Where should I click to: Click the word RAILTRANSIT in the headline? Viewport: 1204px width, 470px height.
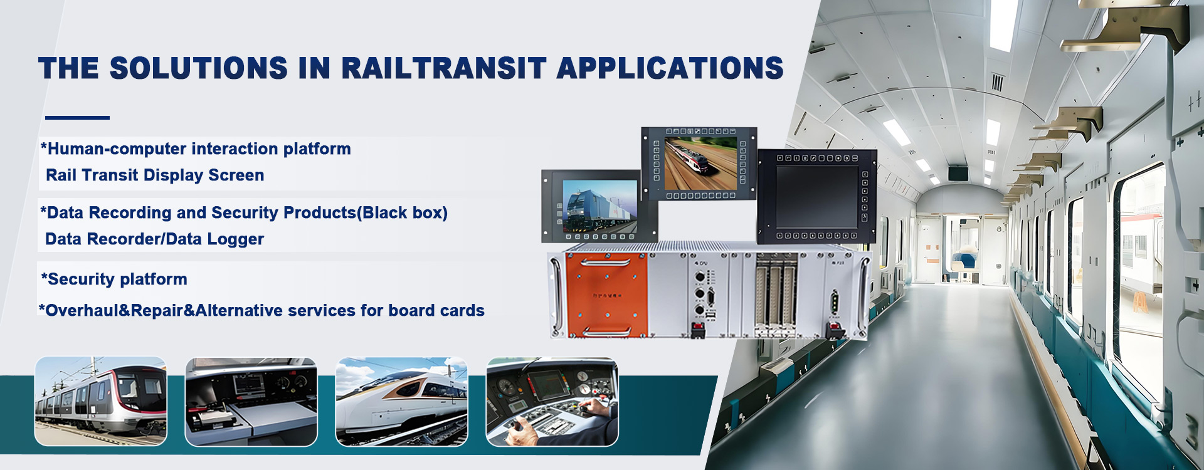tap(443, 68)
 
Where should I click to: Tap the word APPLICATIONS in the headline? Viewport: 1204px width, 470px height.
tap(670, 68)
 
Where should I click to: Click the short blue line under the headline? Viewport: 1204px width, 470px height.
tap(77, 117)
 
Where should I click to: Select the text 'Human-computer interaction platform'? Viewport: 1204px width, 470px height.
tap(199, 149)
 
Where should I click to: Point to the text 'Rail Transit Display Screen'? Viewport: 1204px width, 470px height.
tap(155, 175)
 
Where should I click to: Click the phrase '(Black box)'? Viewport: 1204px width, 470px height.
tap(402, 213)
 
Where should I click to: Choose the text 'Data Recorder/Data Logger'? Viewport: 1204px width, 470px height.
tap(154, 239)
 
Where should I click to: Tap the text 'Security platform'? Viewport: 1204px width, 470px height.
tap(117, 279)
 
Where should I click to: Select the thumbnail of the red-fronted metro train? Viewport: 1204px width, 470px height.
tap(101, 402)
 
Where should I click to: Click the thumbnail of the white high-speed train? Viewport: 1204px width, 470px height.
tap(402, 402)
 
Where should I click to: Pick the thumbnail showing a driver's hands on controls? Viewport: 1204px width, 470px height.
tap(552, 402)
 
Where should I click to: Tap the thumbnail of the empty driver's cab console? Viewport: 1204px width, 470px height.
tap(251, 402)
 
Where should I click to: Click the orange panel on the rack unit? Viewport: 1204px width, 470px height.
tap(606, 294)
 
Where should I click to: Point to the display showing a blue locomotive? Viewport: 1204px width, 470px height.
tap(599, 206)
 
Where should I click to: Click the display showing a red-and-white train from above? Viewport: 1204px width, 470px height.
tap(699, 164)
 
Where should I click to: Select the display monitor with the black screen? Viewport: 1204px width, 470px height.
tap(816, 196)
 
